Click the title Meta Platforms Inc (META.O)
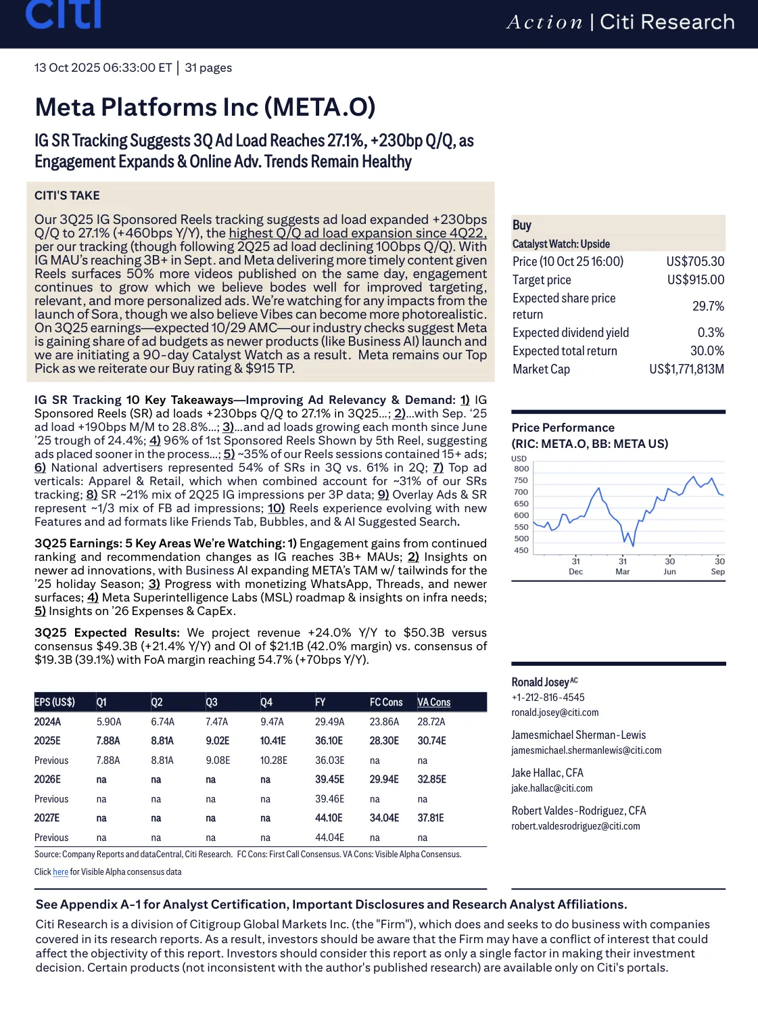[205, 107]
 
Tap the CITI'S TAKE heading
[67, 196]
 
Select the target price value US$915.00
[695, 280]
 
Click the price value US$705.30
[695, 262]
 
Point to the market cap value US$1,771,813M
[686, 369]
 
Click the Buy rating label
[522, 225]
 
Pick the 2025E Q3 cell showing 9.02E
[218, 741]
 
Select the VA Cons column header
[434, 702]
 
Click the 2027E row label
[47, 818]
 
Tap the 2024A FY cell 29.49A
[329, 722]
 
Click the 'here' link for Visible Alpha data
[60, 872]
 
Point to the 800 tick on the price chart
[521, 469]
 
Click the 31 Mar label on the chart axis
[623, 566]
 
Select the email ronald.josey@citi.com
[555, 712]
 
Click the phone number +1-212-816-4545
[548, 698]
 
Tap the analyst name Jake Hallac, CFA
[547, 773]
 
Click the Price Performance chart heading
[563, 428]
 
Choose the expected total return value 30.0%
[707, 351]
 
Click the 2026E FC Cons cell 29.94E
[384, 779]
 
